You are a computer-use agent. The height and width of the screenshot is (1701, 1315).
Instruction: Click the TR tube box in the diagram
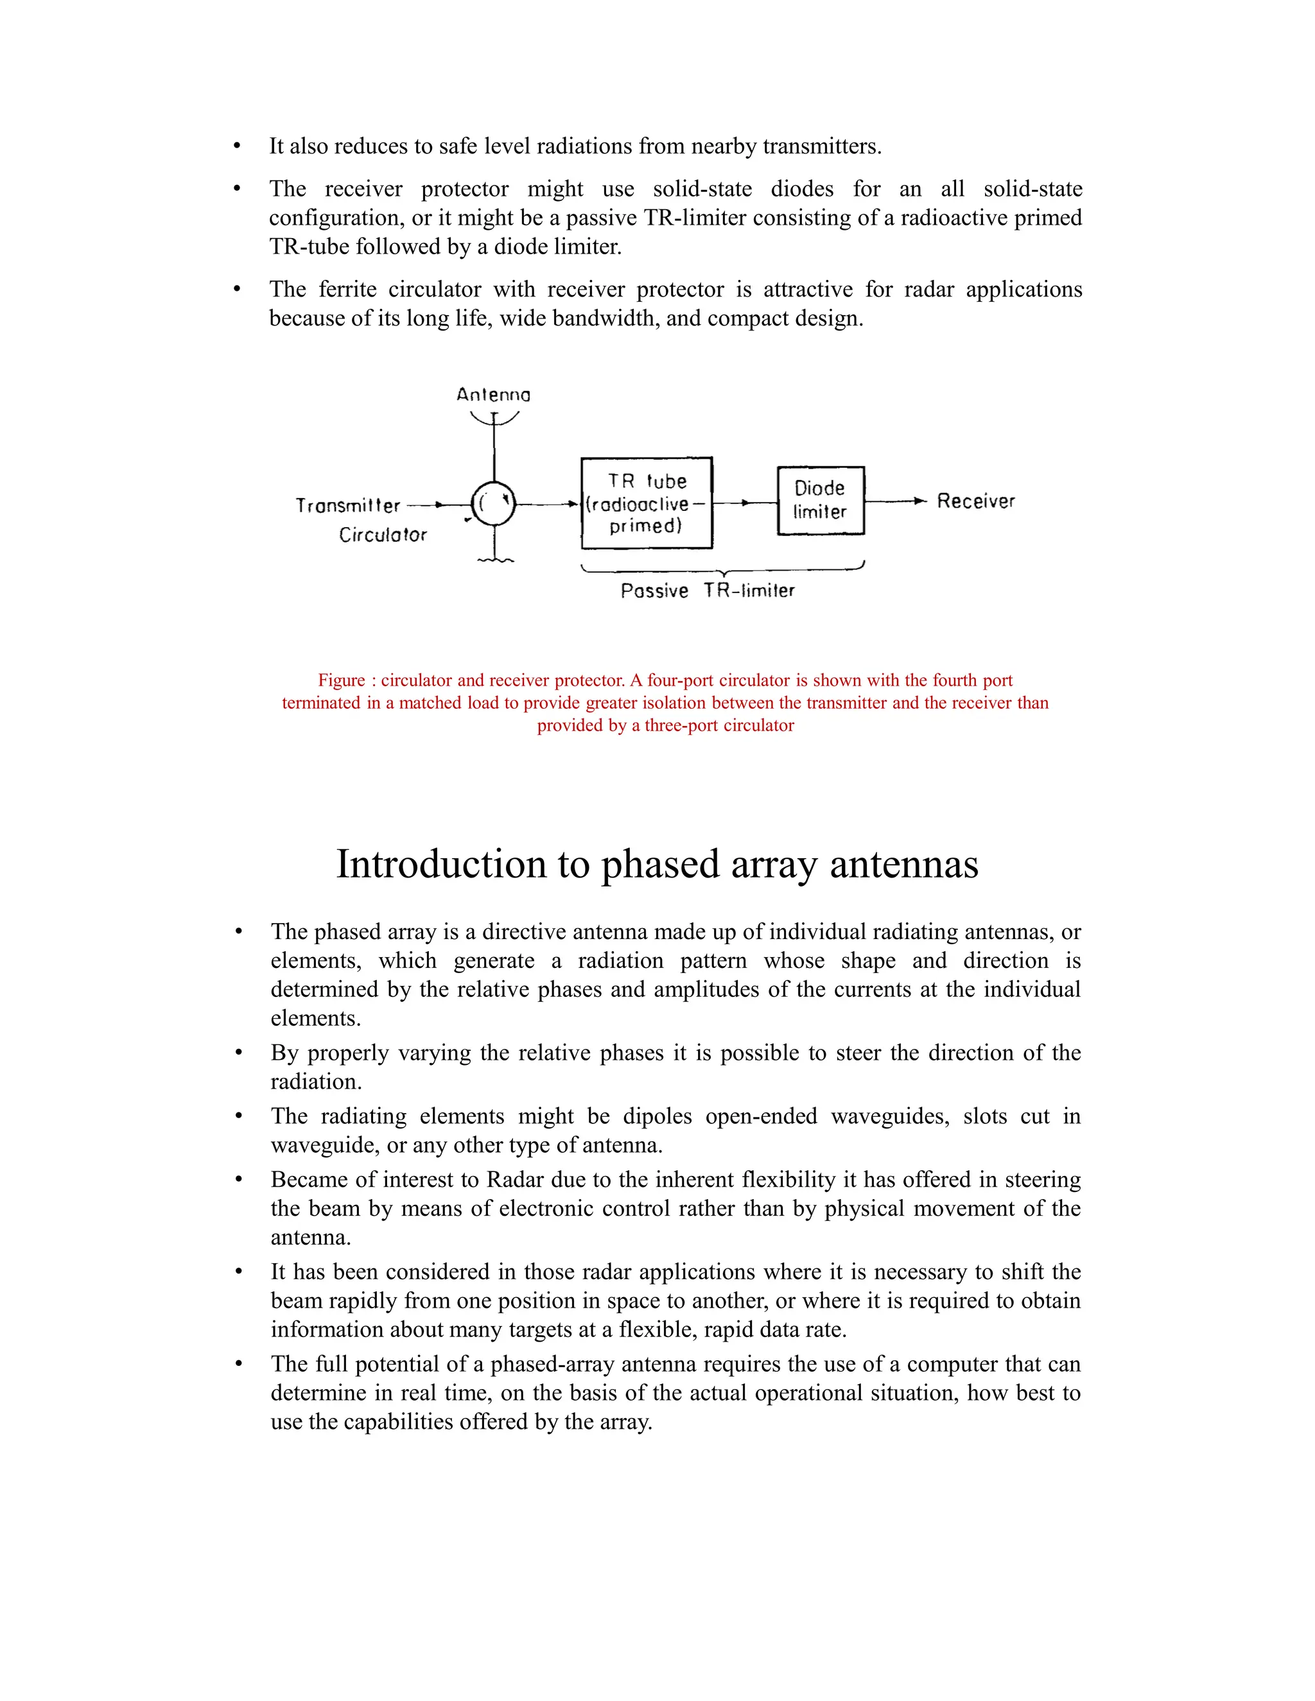[647, 503]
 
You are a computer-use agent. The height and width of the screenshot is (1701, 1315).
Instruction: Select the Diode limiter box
[821, 500]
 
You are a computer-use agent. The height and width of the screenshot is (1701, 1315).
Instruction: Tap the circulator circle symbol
[494, 504]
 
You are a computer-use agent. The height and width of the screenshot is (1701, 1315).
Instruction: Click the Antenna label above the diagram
[493, 395]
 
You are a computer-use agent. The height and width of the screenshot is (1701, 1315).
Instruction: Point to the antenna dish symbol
[494, 419]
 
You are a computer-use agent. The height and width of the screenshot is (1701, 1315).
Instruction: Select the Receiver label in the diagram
[975, 501]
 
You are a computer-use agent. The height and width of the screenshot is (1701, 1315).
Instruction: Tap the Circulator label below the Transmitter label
[383, 535]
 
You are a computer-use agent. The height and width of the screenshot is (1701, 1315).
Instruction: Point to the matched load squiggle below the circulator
[494, 560]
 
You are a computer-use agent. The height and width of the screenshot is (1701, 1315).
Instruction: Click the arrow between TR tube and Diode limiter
[745, 503]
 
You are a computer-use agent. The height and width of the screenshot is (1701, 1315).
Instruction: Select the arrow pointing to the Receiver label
[919, 501]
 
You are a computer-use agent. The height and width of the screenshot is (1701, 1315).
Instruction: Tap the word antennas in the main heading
[903, 865]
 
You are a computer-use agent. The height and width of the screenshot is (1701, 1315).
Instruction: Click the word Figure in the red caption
[341, 680]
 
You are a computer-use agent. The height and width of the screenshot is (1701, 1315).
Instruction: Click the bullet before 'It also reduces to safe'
[237, 146]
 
